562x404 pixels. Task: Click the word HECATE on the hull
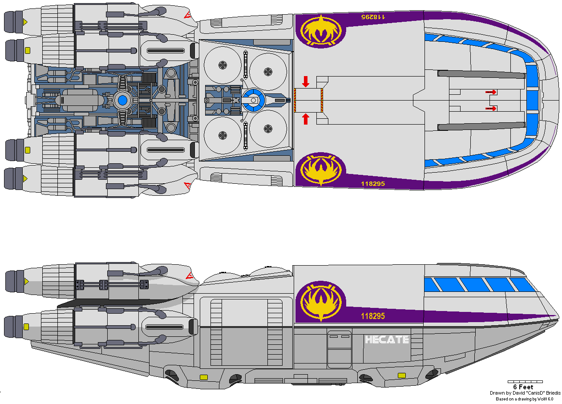(x=387, y=340)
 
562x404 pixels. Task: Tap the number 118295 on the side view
(x=373, y=316)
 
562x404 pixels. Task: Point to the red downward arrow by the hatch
(x=305, y=81)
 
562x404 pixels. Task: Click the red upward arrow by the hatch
(x=305, y=119)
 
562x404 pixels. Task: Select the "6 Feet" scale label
(x=523, y=387)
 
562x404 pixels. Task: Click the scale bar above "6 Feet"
(x=525, y=382)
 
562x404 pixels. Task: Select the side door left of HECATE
(x=339, y=349)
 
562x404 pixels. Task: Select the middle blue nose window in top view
(x=532, y=100)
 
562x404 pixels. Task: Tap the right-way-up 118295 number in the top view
(x=373, y=184)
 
